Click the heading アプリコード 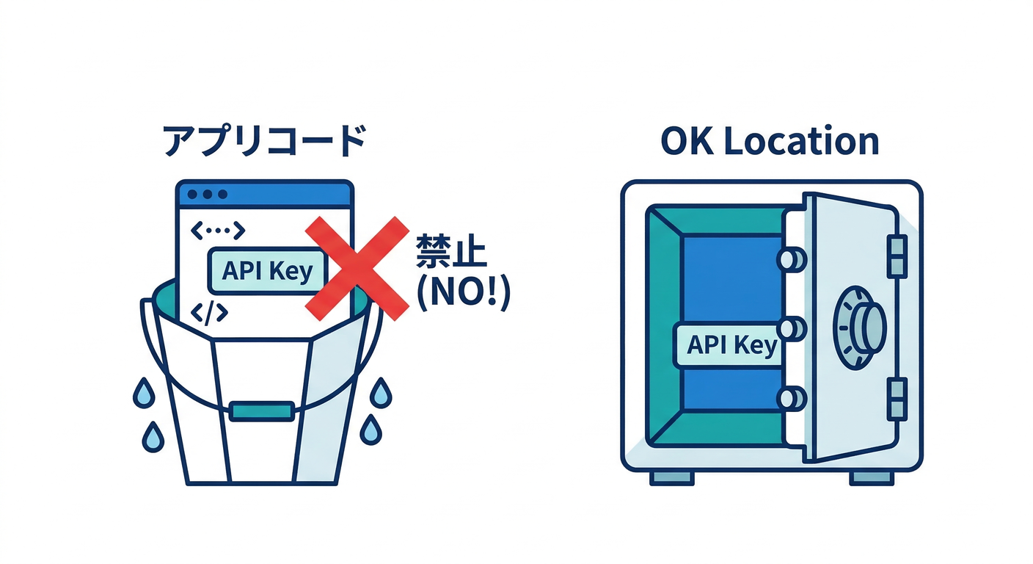264,141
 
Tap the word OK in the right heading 687,141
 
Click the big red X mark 357,268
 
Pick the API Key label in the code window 266,271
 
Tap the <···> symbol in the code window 217,231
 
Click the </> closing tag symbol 209,313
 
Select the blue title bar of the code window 264,194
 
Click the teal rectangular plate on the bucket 261,411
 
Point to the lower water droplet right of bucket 372,430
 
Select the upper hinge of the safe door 897,256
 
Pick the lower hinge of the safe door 897,399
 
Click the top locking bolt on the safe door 792,259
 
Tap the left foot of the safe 671,477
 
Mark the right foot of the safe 872,477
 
